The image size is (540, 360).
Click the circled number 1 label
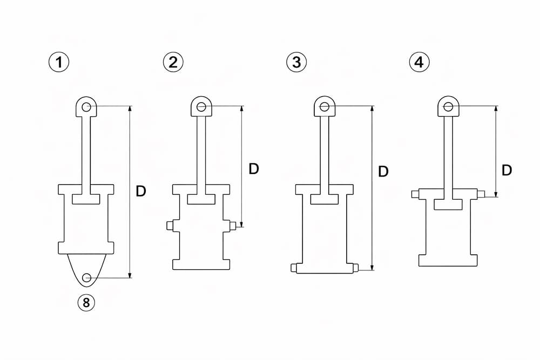(59, 62)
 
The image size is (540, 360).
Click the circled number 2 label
(173, 62)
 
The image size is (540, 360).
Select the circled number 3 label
(296, 62)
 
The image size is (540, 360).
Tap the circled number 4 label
(419, 62)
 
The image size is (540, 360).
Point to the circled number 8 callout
(86, 303)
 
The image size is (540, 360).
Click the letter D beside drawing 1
(141, 191)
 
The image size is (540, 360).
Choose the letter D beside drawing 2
(254, 169)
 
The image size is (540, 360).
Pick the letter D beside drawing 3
(383, 172)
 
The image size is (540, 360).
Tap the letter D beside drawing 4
(507, 171)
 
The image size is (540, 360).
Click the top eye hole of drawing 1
(86, 107)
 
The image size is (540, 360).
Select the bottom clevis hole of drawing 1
(87, 277)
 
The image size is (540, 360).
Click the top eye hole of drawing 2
(201, 107)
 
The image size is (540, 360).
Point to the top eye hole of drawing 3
(325, 107)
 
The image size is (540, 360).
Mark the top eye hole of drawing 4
(448, 107)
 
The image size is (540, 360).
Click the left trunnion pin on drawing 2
(170, 226)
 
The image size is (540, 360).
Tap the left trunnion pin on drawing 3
(293, 267)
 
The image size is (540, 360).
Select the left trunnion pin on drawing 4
(415, 194)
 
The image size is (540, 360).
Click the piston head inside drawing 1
(86, 199)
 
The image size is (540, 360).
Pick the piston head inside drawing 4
(448, 204)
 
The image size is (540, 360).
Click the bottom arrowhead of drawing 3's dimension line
(372, 268)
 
